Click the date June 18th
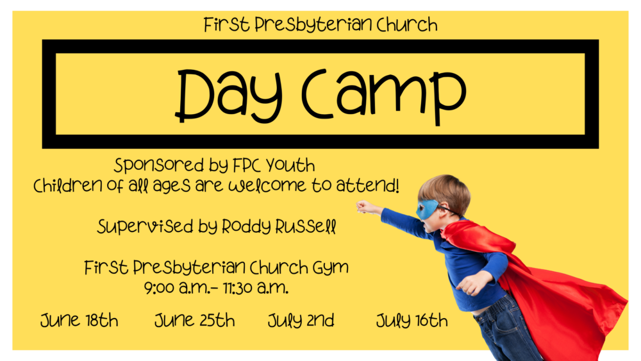pos(79,320)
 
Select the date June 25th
pos(195,320)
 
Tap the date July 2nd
pos(301,321)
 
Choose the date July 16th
pos(412,321)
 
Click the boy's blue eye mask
pos(428,209)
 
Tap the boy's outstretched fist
pos(363,207)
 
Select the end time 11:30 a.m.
pos(256,288)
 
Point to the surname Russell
pos(305,226)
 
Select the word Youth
pos(290,165)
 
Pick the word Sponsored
pos(158,165)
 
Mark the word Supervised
pos(145,226)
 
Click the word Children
pos(68,185)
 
